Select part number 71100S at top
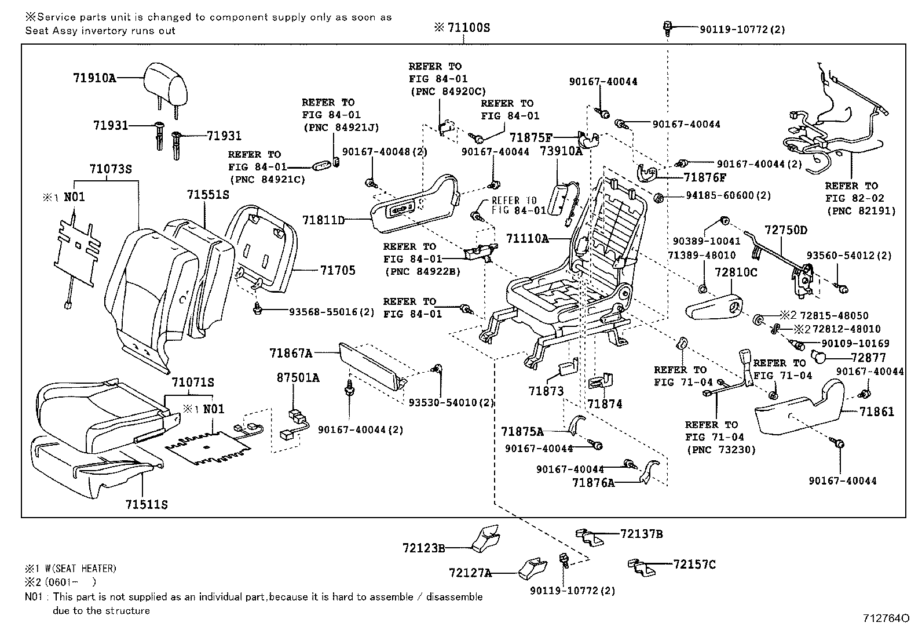tap(468, 27)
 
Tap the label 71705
tap(338, 271)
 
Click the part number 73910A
tap(561, 151)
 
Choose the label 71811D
tap(323, 220)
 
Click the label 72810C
tap(736, 272)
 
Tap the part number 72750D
tap(785, 230)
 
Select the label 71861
tap(876, 412)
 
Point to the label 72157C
tap(694, 564)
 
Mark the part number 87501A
tap(298, 378)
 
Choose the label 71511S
tap(147, 505)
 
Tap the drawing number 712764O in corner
tap(883, 619)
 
